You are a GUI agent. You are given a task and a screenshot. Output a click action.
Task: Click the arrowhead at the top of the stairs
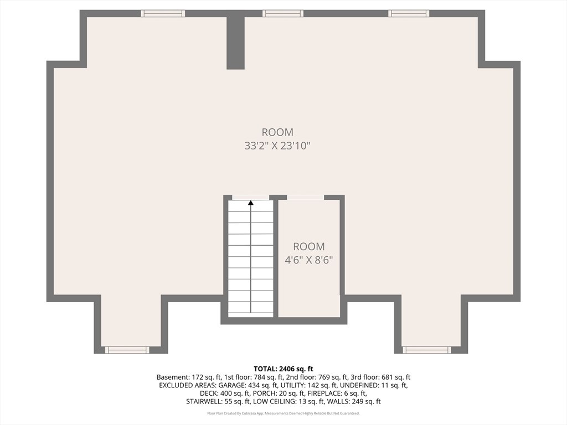coord(251,203)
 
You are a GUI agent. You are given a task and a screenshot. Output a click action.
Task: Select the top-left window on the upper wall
coord(163,13)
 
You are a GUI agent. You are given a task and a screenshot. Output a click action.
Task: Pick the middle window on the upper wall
coord(283,13)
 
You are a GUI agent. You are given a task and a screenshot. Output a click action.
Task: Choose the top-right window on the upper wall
coord(409,13)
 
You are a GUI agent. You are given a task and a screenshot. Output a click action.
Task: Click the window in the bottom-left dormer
coord(127,350)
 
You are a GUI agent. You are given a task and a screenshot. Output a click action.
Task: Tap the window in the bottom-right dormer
coord(426,350)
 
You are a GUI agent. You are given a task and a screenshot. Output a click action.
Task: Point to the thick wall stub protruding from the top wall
coord(236,42)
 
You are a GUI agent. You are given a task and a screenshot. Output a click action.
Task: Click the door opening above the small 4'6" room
coord(306,198)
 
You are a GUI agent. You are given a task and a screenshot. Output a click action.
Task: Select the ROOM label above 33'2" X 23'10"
coord(277,132)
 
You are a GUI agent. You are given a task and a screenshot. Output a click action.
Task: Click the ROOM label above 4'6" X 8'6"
coord(309,246)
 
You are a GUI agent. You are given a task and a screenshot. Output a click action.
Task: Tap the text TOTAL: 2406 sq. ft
coord(283,369)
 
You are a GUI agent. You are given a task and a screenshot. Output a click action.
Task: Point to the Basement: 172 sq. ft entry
coord(183,377)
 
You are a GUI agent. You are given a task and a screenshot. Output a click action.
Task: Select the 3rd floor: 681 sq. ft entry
coord(386,377)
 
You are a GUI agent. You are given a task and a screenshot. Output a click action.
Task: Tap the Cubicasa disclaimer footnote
coord(283,413)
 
